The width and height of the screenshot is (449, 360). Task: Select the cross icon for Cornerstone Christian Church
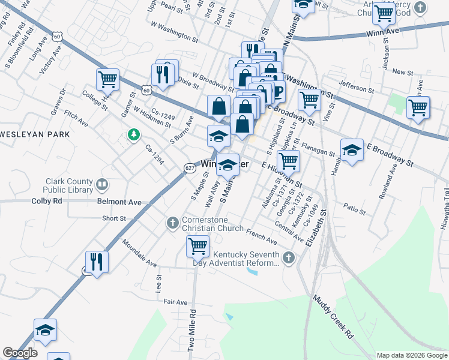(172, 223)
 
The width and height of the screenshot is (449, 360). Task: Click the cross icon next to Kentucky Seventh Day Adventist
(289, 258)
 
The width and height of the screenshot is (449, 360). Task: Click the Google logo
(20, 353)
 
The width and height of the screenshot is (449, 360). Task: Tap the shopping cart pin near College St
(107, 79)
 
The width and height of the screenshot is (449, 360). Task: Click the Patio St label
(355, 211)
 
